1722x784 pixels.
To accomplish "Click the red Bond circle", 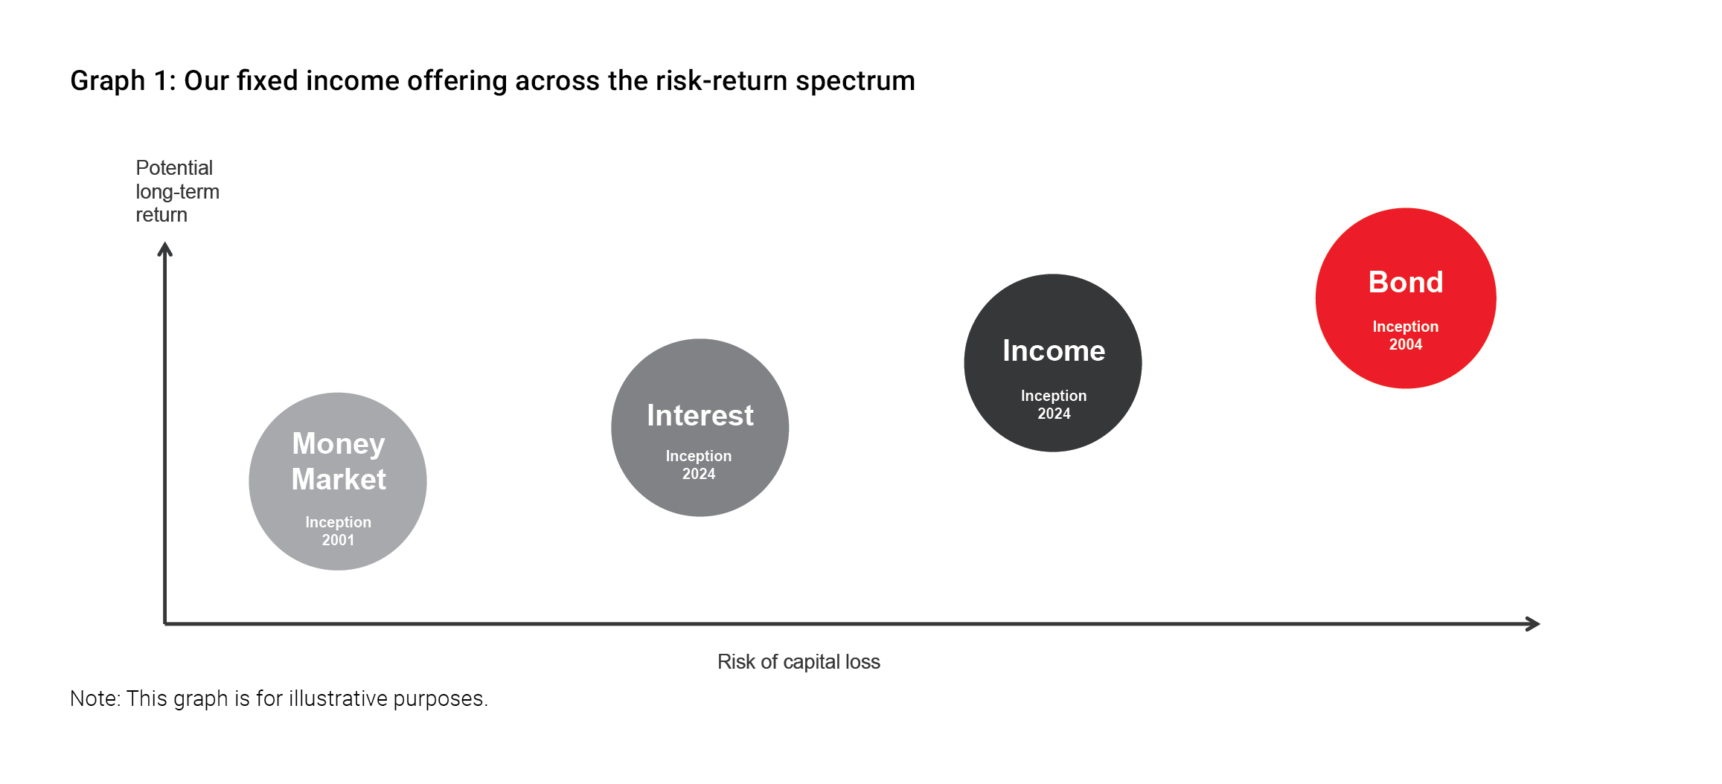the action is click(1406, 298).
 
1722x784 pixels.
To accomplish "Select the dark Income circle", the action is click(1053, 363).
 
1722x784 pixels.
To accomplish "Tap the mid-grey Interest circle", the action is click(700, 428).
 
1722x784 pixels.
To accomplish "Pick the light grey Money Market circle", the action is click(338, 482).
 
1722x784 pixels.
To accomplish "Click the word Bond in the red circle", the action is click(1406, 283).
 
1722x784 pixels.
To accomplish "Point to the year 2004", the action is click(1406, 344).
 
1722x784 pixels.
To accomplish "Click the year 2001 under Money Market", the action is click(338, 540).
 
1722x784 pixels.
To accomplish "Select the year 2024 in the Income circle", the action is click(1054, 414).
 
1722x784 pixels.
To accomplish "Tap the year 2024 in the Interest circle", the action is click(699, 474).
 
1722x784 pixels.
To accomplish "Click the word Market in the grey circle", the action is click(339, 479).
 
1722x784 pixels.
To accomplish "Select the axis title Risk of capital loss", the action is click(798, 662).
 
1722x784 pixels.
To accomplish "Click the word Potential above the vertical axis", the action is click(174, 168).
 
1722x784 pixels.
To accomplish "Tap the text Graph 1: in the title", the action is click(123, 81).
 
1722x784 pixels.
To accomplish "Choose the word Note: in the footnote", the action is click(95, 698).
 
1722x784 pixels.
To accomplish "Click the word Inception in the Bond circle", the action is click(1406, 327).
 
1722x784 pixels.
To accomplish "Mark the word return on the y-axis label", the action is click(161, 216).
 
